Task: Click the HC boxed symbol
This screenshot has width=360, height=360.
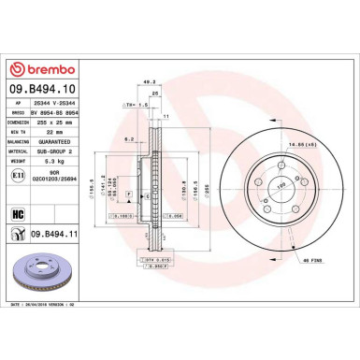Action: [x=17, y=215]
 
